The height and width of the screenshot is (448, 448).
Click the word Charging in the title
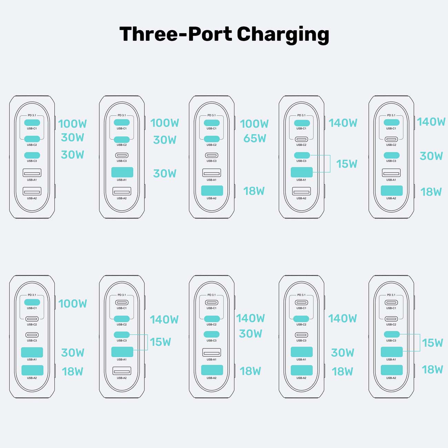[283, 35]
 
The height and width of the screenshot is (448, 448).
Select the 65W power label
[255, 139]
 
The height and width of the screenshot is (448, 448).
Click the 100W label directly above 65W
[254, 123]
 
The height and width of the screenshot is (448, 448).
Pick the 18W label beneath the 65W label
[254, 191]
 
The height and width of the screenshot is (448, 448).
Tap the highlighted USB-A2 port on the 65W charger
[212, 191]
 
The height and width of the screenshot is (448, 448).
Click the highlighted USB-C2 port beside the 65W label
[212, 139]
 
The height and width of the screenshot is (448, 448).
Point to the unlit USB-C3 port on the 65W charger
[212, 155]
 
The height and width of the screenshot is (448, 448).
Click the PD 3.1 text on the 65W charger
[212, 115]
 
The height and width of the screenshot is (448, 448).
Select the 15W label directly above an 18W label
[432, 343]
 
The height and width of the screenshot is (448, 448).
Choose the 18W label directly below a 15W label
[432, 369]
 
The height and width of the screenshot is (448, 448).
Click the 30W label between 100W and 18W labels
[73, 353]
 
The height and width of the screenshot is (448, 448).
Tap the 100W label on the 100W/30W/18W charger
[73, 304]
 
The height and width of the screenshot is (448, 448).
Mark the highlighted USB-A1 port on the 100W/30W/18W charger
[32, 352]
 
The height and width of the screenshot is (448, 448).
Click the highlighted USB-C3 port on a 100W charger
[32, 155]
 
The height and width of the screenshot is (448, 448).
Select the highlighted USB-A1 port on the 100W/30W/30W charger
[122, 172]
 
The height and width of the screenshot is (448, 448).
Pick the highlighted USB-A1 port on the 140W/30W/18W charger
[302, 352]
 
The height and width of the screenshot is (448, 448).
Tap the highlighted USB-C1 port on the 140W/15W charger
[302, 123]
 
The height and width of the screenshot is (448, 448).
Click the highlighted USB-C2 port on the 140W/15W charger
[122, 319]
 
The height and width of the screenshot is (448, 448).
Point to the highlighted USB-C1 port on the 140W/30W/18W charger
[391, 122]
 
